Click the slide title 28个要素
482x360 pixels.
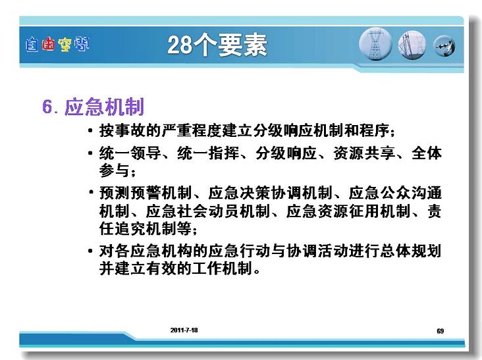tap(217, 45)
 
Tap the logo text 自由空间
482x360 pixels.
tap(57, 44)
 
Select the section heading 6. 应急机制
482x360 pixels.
tap(93, 107)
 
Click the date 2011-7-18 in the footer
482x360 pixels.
tap(184, 330)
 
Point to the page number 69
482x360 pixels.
tap(441, 331)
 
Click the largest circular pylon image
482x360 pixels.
tap(375, 43)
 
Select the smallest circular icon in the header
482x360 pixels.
tap(444, 46)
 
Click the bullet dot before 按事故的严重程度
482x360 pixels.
tap(90, 131)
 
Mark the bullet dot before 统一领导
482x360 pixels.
tap(90, 153)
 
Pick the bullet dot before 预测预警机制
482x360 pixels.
tap(91, 192)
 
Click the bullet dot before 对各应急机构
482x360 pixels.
tap(90, 251)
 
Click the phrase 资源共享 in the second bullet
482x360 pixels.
tap(364, 153)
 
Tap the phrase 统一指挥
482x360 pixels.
tap(208, 153)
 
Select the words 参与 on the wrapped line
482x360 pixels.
tap(114, 170)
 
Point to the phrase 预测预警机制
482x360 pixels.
tap(146, 193)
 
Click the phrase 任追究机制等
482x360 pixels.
tap(146, 228)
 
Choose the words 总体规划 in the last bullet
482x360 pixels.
tap(411, 251)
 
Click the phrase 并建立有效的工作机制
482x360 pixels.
tap(176, 268)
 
